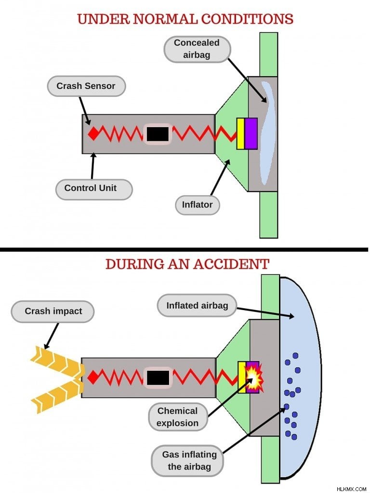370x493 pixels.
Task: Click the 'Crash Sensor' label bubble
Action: tap(86, 86)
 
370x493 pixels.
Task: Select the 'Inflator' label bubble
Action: tap(197, 205)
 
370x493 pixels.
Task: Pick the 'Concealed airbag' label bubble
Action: tap(197, 49)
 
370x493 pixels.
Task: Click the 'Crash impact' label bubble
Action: tap(53, 311)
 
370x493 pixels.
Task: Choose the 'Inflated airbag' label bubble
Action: tap(197, 305)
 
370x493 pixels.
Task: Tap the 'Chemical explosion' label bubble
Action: tap(178, 417)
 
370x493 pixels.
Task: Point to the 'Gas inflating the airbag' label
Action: tap(187, 461)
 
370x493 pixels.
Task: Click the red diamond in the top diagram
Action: tap(93, 134)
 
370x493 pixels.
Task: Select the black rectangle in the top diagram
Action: tap(158, 134)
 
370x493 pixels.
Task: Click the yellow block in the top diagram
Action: tap(241, 134)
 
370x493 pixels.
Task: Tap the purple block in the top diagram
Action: tap(251, 134)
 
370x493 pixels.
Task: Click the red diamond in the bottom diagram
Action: tap(93, 377)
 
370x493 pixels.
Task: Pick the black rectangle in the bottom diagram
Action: tap(158, 377)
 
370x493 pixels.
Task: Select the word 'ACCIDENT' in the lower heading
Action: tap(231, 264)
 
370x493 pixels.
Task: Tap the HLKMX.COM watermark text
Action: tap(351, 489)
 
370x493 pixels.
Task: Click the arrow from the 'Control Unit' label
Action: tap(93, 166)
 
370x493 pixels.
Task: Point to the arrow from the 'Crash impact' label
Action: tap(52, 336)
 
